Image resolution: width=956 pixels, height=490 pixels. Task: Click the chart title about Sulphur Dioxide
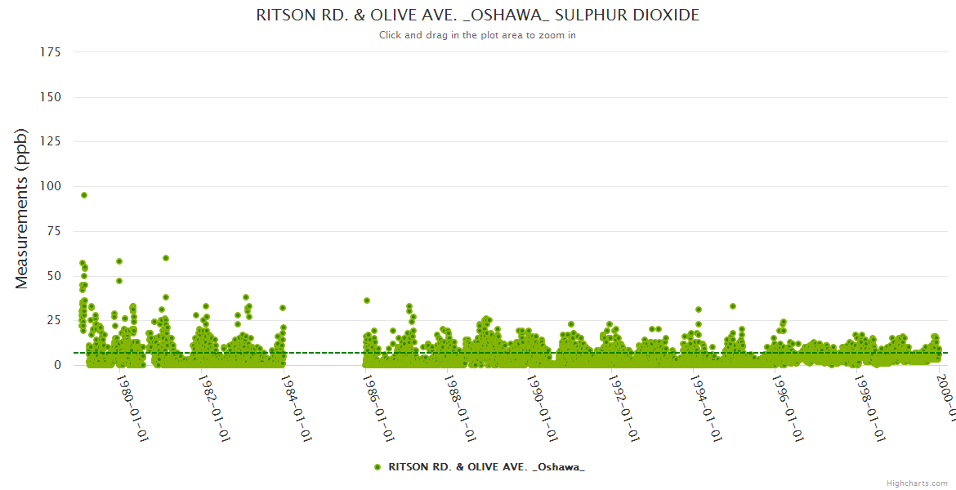(477, 16)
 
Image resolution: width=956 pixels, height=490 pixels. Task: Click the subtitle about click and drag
(477, 35)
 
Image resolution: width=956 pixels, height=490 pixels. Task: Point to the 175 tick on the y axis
(51, 52)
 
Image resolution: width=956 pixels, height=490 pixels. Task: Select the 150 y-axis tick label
(51, 97)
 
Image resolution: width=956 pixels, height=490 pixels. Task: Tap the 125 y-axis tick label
(51, 142)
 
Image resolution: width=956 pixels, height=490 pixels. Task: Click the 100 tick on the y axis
(51, 186)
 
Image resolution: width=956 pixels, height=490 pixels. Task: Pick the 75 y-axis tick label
(54, 231)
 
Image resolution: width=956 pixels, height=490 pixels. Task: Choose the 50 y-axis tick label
(54, 276)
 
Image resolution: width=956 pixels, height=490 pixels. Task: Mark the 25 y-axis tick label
(54, 320)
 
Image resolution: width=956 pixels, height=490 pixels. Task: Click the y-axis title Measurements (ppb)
(22, 208)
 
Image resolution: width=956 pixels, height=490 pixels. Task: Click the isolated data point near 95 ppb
(84, 195)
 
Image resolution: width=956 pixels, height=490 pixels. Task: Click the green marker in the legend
(377, 467)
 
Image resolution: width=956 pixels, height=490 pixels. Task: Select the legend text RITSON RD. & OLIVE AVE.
(486, 467)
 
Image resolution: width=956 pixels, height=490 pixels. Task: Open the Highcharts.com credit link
(917, 483)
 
